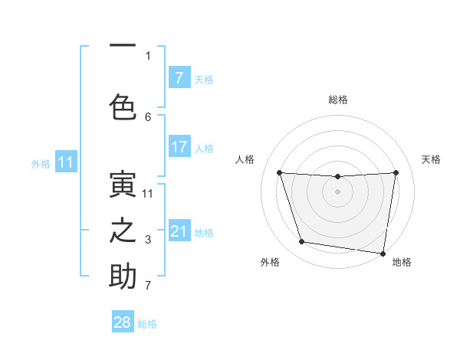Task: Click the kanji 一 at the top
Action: (123, 46)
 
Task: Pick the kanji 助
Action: (123, 277)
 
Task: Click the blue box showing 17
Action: (179, 147)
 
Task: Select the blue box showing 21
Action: (179, 231)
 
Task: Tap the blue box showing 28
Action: (123, 322)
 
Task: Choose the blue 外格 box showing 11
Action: (65, 162)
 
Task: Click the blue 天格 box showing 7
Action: (179, 78)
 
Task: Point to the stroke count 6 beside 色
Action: (148, 116)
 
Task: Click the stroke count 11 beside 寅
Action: (148, 194)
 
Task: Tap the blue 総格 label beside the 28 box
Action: (147, 324)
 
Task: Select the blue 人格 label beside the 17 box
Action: (204, 149)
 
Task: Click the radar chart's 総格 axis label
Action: (337, 100)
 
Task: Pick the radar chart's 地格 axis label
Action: (402, 262)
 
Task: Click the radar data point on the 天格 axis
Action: (396, 172)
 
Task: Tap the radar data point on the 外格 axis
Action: (301, 242)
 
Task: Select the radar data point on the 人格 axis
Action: (279, 172)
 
